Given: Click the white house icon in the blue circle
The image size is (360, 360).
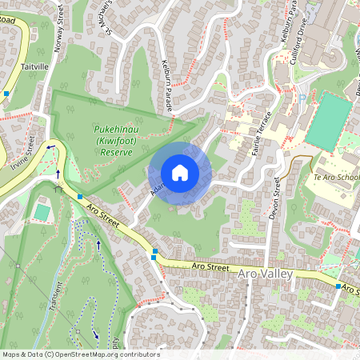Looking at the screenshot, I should point(180,173).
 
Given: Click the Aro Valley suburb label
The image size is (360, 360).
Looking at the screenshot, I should point(266,274).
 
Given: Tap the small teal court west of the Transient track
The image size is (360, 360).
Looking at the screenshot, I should point(42,211).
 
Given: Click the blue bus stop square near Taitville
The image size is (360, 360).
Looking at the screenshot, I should point(6,94).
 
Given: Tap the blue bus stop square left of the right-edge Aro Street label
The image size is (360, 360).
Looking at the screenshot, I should point(338,286).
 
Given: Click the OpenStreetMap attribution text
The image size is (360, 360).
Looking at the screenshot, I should point(80,354).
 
